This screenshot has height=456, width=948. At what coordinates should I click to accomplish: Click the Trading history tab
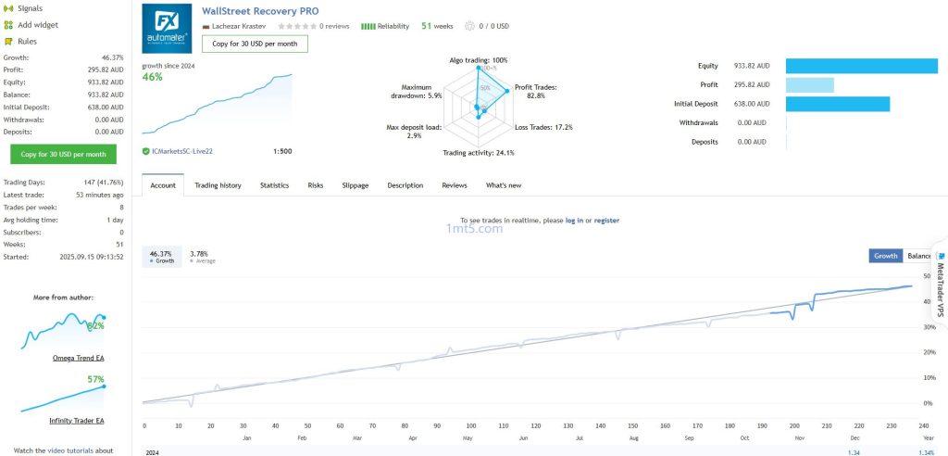point(218,185)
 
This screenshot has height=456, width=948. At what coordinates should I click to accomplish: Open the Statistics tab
point(274,185)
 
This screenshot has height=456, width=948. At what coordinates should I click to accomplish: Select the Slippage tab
point(355,185)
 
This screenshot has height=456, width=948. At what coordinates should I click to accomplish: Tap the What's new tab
point(504,185)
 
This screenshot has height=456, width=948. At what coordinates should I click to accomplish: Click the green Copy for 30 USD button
point(64,154)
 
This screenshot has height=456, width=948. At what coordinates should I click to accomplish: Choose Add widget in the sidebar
point(37,25)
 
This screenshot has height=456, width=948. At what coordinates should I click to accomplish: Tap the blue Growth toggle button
point(886,256)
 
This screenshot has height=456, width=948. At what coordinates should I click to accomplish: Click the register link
point(606,221)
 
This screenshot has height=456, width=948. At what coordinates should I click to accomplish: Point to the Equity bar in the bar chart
point(862,66)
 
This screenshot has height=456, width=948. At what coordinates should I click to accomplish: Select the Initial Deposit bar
point(838,104)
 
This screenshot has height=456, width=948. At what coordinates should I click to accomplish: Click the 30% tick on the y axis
point(928,327)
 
